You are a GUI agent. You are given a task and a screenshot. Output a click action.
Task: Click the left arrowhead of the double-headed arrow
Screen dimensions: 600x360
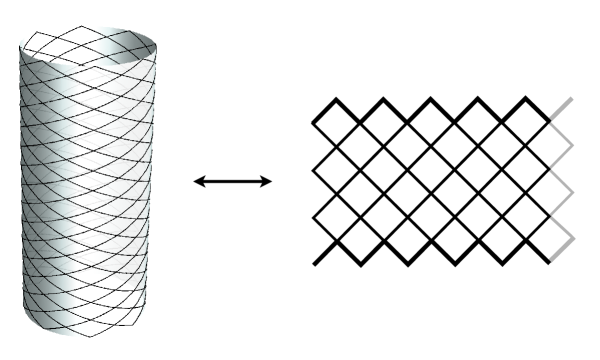(x=197, y=181)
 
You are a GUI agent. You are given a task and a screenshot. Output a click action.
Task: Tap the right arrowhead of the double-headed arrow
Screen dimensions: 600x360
(x=268, y=181)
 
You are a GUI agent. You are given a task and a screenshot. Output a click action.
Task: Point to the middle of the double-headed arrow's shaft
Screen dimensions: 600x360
(x=232, y=181)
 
